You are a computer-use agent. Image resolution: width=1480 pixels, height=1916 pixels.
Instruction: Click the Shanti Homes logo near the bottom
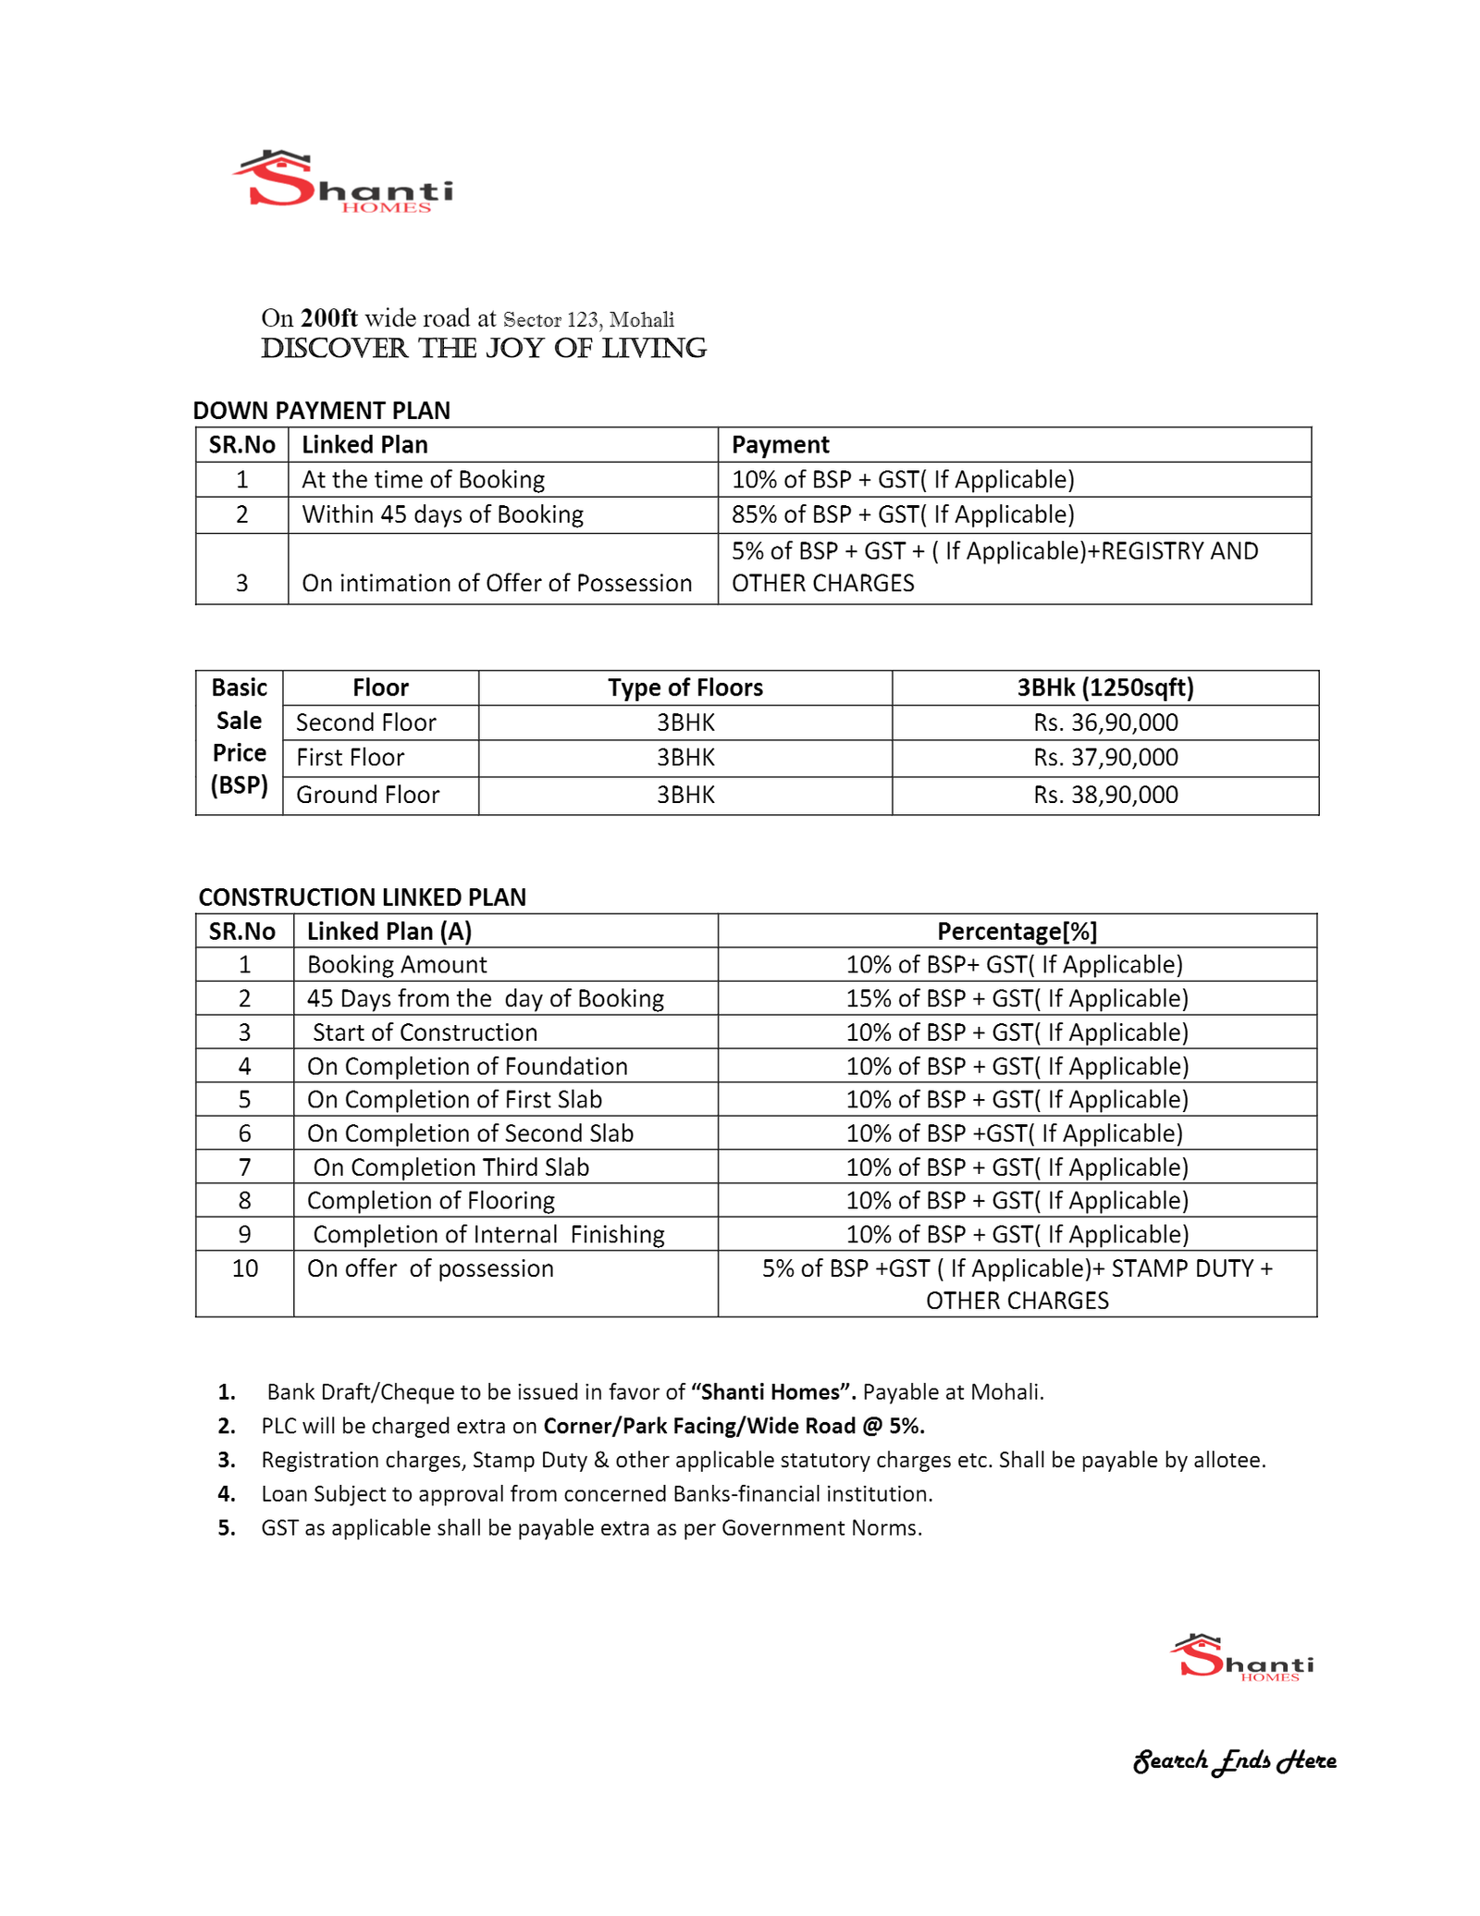pos(1241,1658)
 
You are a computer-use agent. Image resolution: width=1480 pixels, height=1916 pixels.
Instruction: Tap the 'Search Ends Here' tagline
pos(1235,1761)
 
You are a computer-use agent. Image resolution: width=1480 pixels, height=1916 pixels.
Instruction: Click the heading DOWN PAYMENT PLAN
pos(321,410)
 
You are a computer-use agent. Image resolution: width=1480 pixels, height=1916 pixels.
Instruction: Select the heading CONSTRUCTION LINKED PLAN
pos(362,897)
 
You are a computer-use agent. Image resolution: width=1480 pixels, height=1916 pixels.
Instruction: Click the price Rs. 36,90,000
pos(1105,723)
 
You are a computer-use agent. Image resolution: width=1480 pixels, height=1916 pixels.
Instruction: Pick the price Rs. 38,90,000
pos(1105,795)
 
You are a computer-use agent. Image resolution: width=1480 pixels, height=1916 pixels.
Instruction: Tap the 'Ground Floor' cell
pos(367,795)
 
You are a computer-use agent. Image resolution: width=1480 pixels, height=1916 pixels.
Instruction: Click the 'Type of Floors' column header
pos(685,687)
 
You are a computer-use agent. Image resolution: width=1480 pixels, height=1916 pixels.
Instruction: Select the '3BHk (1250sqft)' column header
pos(1105,687)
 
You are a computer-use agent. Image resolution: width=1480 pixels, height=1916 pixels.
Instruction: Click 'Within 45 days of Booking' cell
pos(442,514)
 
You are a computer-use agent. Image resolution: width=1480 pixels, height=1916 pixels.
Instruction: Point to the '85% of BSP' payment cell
pos(902,514)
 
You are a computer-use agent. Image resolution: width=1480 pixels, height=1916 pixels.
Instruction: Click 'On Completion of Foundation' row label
pos(467,1066)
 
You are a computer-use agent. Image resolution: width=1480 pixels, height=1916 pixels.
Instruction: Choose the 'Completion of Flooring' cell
pos(430,1200)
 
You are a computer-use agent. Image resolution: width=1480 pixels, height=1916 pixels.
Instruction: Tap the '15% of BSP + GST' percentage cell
pos(1017,998)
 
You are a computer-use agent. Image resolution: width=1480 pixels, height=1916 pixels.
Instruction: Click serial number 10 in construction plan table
pos(244,1268)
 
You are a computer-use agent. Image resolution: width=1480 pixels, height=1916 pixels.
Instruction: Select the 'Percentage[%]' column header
pos(1017,931)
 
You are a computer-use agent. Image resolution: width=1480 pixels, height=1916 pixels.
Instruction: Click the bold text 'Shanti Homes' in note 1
pos(772,1391)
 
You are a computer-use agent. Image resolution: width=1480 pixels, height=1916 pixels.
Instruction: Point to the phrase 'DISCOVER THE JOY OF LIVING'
pos(483,349)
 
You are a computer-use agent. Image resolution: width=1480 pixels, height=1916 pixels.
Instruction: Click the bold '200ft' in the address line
pos(329,318)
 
